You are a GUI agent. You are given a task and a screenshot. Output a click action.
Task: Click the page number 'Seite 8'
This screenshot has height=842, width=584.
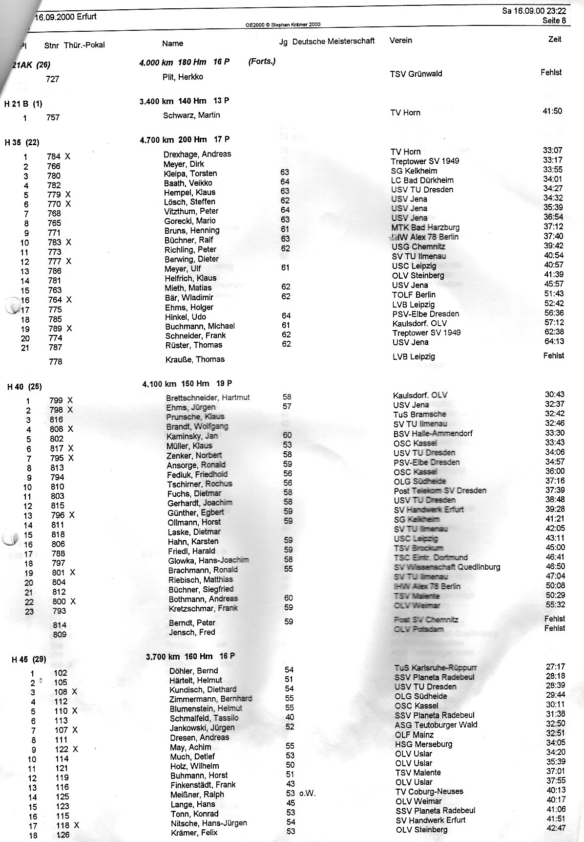click(x=554, y=21)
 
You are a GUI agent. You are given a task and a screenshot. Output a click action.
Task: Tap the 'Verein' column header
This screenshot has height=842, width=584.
click(x=400, y=40)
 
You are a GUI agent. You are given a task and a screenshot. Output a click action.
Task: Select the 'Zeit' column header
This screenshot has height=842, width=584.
click(x=555, y=39)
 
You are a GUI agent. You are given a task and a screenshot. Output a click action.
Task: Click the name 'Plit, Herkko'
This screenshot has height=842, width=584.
click(x=183, y=77)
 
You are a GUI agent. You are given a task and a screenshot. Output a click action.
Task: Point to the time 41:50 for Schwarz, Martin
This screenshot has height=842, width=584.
click(x=552, y=111)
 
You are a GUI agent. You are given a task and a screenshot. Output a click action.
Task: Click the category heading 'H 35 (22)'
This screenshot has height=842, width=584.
click(x=22, y=142)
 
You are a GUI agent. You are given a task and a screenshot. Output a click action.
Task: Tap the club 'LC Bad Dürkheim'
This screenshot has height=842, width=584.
click(x=422, y=180)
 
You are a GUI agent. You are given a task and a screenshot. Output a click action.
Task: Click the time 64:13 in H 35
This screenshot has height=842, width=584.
click(x=554, y=341)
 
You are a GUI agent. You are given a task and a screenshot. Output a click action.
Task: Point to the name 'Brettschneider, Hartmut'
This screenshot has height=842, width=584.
click(x=208, y=398)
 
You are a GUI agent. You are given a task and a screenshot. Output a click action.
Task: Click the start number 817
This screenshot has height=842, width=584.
click(x=57, y=448)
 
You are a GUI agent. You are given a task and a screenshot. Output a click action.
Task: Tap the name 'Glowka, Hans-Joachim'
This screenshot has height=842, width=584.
click(x=209, y=560)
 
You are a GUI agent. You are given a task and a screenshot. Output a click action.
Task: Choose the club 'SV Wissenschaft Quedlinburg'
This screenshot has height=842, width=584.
click(x=447, y=567)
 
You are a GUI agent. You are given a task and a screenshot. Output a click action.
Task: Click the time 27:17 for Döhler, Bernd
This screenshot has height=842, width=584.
click(x=555, y=666)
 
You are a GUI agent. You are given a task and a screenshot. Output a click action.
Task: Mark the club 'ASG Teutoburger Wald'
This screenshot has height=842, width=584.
click(x=436, y=725)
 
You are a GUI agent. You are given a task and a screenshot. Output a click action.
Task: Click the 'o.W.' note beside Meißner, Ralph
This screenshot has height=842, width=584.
click(x=308, y=794)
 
